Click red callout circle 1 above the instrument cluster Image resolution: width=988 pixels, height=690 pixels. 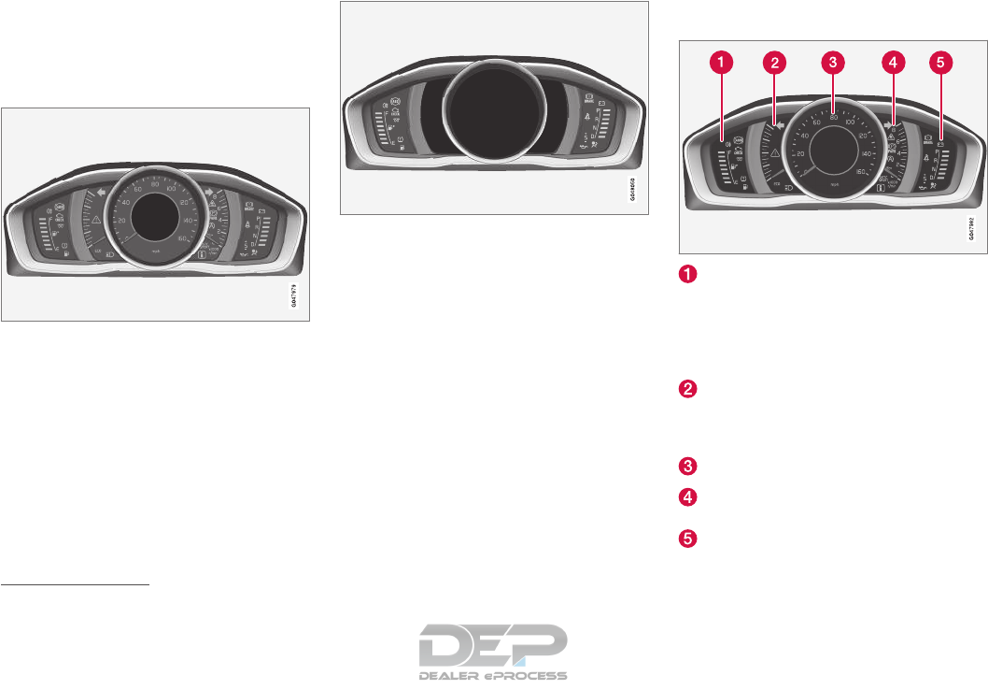point(720,63)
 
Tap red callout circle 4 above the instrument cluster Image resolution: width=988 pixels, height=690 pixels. point(893,63)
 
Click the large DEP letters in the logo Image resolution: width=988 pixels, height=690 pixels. point(494,644)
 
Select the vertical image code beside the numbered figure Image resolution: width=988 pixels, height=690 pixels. point(971,228)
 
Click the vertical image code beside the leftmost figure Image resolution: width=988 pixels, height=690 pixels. point(298,298)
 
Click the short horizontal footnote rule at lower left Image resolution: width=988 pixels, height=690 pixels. point(76,585)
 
